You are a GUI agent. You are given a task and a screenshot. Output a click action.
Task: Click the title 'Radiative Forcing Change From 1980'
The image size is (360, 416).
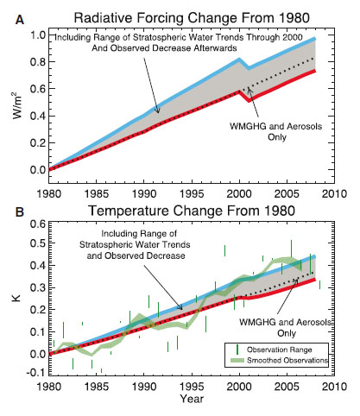point(192,18)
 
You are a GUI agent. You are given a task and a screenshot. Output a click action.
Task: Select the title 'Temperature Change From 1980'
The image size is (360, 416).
point(192,211)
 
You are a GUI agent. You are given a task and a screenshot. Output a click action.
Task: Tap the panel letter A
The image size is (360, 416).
point(20,20)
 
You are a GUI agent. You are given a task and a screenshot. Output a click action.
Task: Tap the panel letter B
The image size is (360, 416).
point(20,212)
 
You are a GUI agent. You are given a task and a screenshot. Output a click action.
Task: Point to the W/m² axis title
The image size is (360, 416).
point(18,105)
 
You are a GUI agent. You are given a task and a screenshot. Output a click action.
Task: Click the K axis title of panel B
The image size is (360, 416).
point(16,297)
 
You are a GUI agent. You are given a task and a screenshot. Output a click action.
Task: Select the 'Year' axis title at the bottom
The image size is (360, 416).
point(192,399)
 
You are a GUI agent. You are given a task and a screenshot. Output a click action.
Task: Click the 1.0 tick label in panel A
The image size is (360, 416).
point(38,35)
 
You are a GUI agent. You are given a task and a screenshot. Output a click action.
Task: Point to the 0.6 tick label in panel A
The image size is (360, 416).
point(38,89)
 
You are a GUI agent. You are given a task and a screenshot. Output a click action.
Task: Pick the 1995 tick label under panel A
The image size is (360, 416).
point(192,193)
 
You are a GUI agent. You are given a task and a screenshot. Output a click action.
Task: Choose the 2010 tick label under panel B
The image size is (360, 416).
point(334,386)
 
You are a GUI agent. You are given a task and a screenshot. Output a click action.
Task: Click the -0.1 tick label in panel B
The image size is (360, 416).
point(36,373)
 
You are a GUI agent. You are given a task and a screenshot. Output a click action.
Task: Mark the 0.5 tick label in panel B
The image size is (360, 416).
point(38,243)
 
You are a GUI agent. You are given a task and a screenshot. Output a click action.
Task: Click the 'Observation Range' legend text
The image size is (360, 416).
point(280,350)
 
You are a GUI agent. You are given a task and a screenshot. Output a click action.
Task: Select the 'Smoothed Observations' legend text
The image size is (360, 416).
point(287,360)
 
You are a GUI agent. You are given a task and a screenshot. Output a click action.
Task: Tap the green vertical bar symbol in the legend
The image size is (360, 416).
point(237,350)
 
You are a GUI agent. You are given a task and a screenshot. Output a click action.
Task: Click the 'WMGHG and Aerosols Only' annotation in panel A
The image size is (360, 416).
point(275,131)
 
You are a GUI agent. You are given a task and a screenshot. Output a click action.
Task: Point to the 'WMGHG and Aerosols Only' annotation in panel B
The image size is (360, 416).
point(285,327)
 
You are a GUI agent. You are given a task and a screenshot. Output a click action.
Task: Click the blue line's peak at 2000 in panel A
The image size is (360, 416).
point(239,60)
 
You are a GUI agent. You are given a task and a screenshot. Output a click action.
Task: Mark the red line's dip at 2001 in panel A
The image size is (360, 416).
point(249,100)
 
